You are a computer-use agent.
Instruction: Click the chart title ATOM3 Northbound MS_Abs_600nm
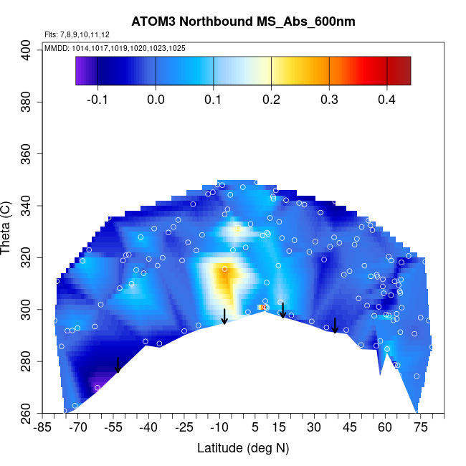click(243, 22)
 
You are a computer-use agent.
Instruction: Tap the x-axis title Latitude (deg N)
click(243, 448)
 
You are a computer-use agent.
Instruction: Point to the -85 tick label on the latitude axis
click(43, 428)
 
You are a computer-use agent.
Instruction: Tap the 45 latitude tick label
click(349, 428)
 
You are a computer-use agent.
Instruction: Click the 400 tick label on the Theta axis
click(27, 51)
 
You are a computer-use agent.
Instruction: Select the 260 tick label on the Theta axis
click(27, 414)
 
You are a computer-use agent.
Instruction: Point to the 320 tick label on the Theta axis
click(27, 258)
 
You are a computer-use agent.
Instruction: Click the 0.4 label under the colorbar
click(387, 99)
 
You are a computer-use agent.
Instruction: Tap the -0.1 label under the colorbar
click(98, 99)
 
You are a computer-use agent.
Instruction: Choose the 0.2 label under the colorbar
click(271, 99)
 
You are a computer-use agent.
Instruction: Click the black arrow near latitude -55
click(118, 365)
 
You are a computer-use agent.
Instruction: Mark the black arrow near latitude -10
click(224, 316)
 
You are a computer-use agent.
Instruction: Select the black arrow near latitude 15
click(283, 310)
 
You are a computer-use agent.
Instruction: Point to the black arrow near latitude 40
click(335, 325)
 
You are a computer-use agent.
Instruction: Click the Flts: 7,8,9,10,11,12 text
click(77, 34)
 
